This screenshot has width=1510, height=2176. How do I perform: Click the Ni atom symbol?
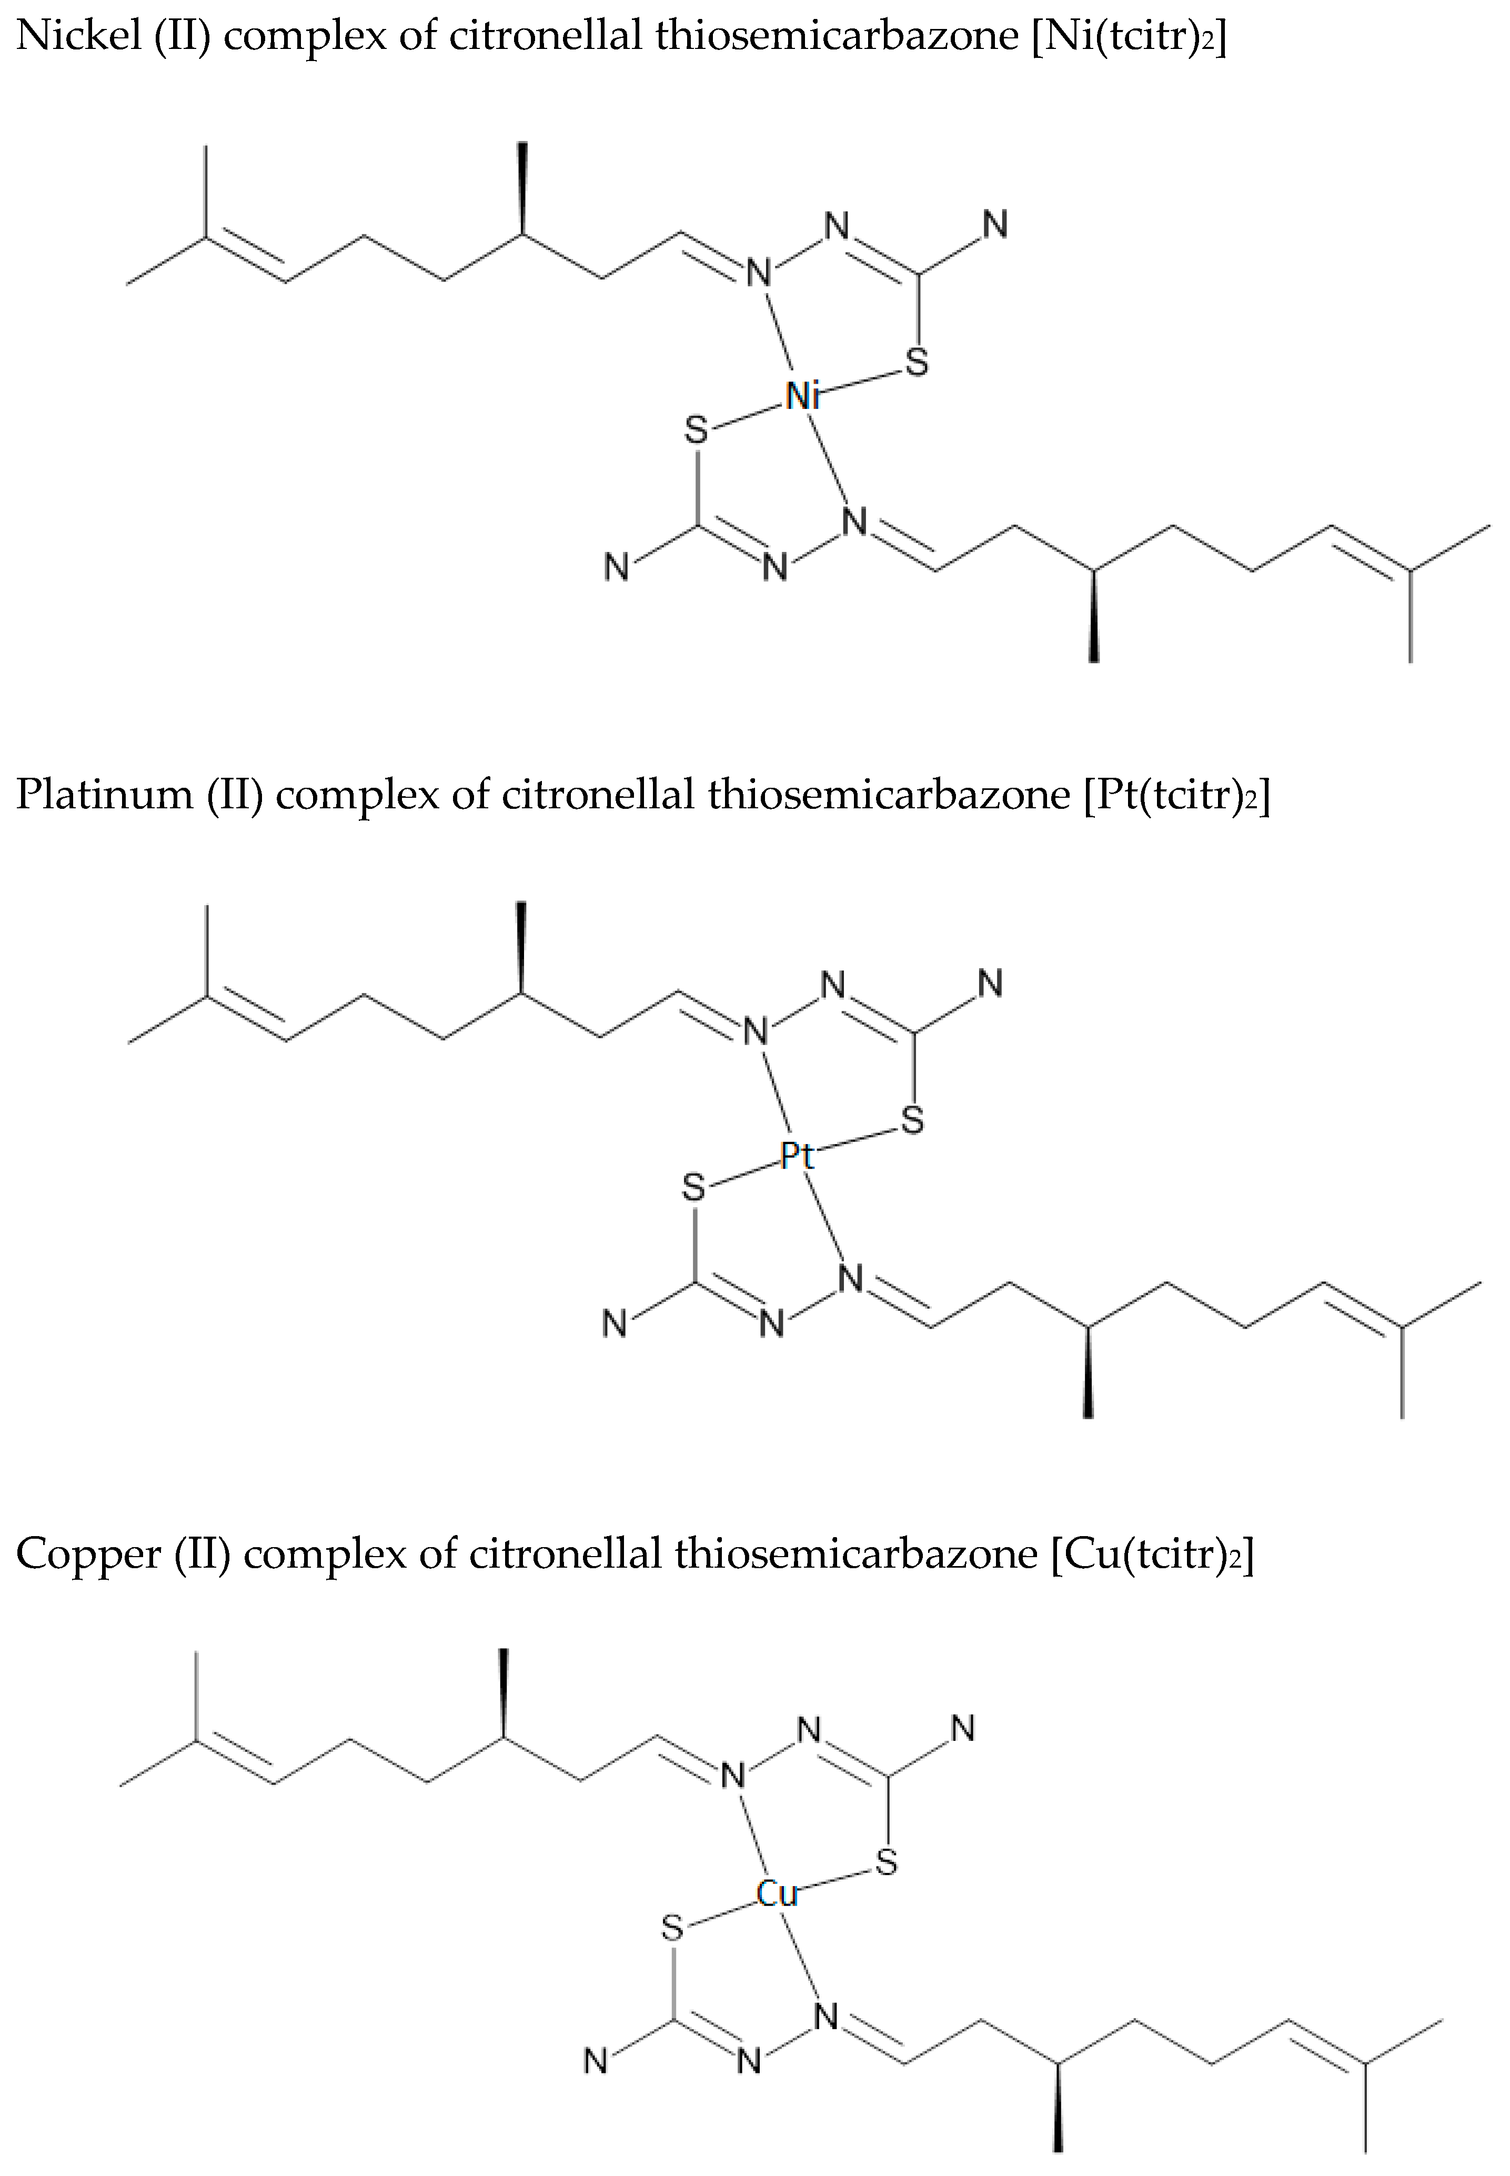[802, 395]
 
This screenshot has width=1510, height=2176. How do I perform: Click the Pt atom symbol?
[797, 1155]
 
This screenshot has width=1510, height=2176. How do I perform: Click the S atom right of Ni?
[917, 362]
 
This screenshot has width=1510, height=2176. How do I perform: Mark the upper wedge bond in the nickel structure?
[521, 187]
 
